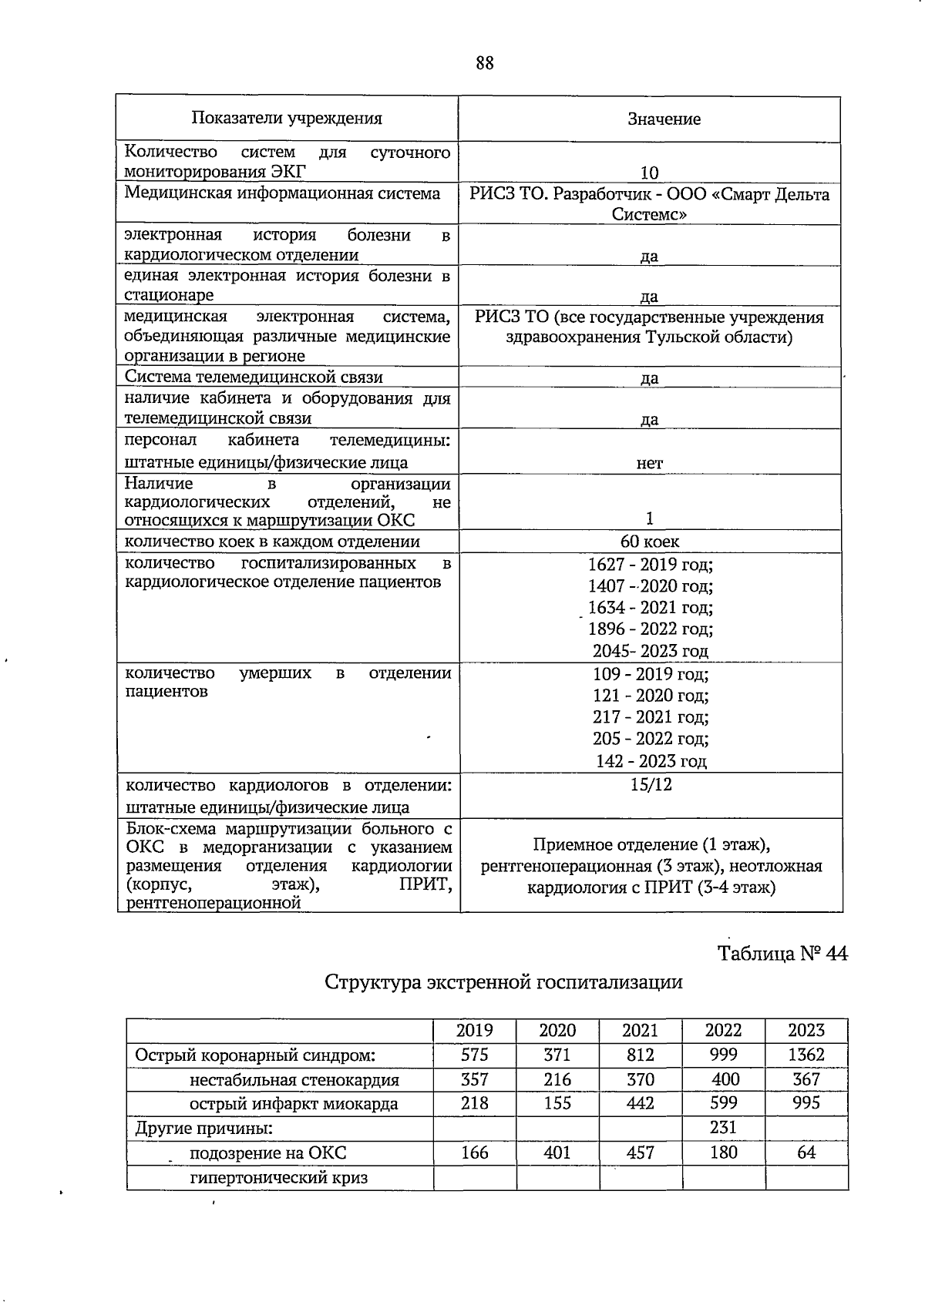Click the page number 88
pyautogui.click(x=484, y=63)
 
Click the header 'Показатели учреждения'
pyautogui.click(x=287, y=119)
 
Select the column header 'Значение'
pyautogui.click(x=664, y=119)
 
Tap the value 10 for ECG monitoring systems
pyautogui.click(x=649, y=173)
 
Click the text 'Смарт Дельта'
pyautogui.click(x=771, y=194)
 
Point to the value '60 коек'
pyautogui.click(x=650, y=542)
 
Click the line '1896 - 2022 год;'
pyautogui.click(x=650, y=629)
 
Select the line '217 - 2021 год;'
pyautogui.click(x=650, y=717)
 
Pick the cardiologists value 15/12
pyautogui.click(x=650, y=785)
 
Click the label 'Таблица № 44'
pyautogui.click(x=782, y=954)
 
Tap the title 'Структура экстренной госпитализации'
pyautogui.click(x=503, y=982)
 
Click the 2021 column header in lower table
pyautogui.click(x=641, y=1031)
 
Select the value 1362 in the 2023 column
pyautogui.click(x=806, y=1055)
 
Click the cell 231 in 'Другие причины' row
pyautogui.click(x=723, y=1128)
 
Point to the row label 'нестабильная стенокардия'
pyautogui.click(x=294, y=1080)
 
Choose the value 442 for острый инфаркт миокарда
pyautogui.click(x=641, y=1104)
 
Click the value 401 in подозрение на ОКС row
pyautogui.click(x=557, y=1152)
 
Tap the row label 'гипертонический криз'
pyautogui.click(x=279, y=1178)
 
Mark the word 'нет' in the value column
pyautogui.click(x=650, y=464)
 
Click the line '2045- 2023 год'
pyautogui.click(x=650, y=651)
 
